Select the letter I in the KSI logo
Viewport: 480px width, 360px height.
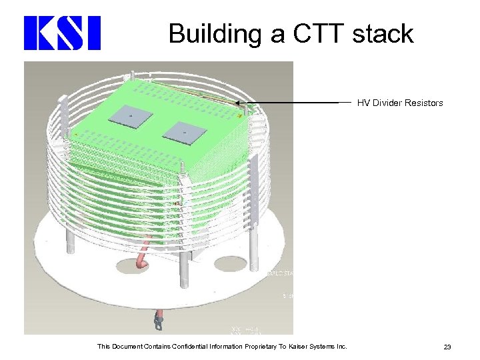(x=93, y=33)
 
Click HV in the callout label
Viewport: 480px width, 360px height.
(x=363, y=103)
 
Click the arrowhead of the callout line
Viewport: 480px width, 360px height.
(x=237, y=103)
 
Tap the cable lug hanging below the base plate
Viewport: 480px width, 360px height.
(x=158, y=323)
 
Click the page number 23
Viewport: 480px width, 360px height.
(x=447, y=346)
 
